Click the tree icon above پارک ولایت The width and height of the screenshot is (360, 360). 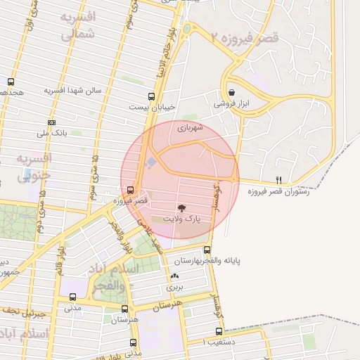(x=181, y=208)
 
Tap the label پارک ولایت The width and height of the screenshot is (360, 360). (x=181, y=219)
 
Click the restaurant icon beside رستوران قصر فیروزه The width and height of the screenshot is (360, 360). (x=279, y=180)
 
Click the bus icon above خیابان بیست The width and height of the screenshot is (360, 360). (x=152, y=96)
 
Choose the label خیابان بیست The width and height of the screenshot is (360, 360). (x=150, y=108)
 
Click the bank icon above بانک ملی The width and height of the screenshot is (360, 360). (x=52, y=122)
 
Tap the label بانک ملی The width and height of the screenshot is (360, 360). (x=51, y=132)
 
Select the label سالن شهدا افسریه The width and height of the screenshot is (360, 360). (x=75, y=91)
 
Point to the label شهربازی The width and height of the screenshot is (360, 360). (x=191, y=128)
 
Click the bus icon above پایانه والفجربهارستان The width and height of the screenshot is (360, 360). (x=207, y=250)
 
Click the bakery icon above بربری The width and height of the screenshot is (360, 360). (x=174, y=276)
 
